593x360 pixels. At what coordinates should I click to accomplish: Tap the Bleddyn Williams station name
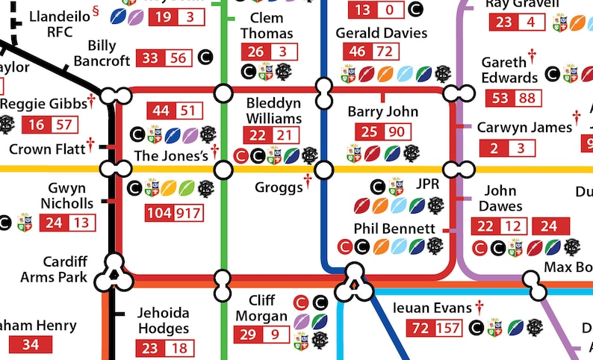tap(273, 110)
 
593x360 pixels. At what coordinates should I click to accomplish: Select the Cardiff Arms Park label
tap(54, 270)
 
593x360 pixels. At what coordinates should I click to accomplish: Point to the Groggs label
tap(278, 187)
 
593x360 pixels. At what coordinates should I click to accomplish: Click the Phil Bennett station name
tap(394, 228)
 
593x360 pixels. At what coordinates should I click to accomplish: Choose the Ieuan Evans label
tap(432, 308)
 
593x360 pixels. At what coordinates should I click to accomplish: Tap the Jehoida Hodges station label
tap(163, 320)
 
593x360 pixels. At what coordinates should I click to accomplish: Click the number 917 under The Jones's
tap(189, 213)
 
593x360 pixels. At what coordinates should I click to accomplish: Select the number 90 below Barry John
tap(396, 132)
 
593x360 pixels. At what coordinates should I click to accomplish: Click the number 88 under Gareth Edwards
tap(527, 98)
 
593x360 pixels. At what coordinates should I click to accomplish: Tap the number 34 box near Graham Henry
tap(30, 344)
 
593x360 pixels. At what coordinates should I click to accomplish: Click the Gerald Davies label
tap(381, 33)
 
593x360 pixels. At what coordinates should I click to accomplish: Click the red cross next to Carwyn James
tap(577, 117)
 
